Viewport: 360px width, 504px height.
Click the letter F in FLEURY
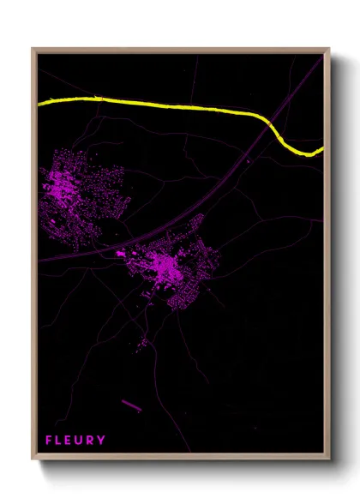[49, 441]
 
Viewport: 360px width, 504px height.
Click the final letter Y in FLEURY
[103, 441]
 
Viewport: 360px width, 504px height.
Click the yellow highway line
[171, 105]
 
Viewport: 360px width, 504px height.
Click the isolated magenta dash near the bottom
[133, 404]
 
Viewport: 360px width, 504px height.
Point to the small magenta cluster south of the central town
[142, 342]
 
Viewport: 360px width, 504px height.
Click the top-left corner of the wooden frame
[33, 50]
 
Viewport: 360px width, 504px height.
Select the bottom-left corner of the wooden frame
[33, 461]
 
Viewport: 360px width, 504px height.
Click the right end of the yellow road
[322, 150]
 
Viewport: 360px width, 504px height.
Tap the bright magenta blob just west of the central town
[120, 254]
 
